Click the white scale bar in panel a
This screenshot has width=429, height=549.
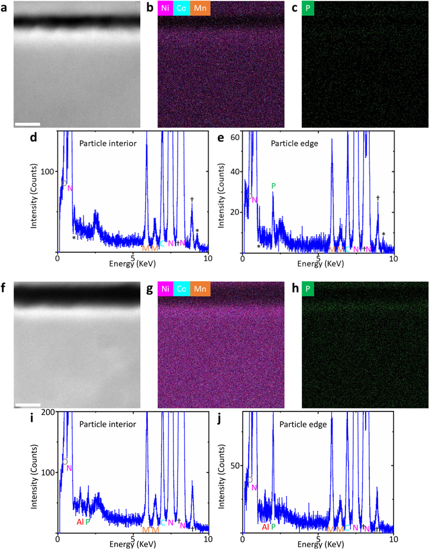[27, 124]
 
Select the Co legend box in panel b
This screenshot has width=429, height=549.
[183, 9]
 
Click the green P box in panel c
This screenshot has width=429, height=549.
[308, 9]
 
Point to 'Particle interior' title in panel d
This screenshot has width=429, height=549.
[105, 143]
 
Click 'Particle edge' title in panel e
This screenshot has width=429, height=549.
[292, 143]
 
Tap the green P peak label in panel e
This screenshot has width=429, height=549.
[273, 186]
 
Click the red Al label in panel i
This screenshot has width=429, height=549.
[80, 522]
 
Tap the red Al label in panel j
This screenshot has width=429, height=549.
[265, 527]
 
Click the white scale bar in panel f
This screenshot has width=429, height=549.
[27, 405]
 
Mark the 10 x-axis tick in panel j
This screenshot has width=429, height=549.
[393, 539]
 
